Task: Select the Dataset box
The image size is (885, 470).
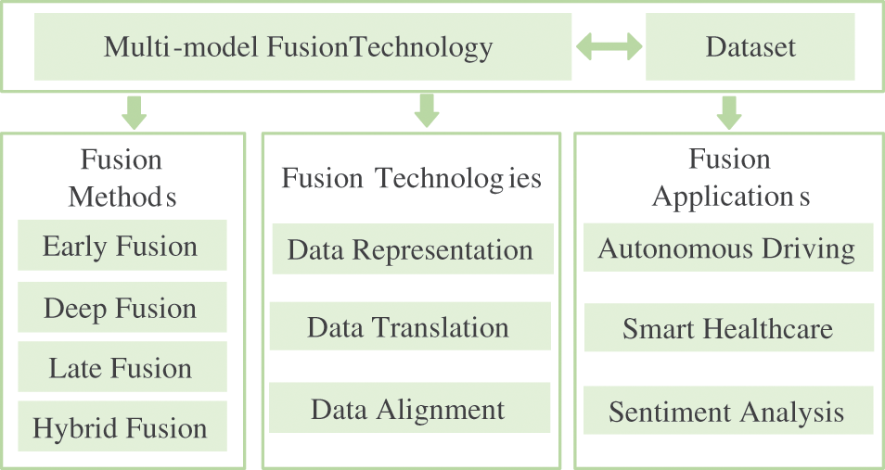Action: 750,47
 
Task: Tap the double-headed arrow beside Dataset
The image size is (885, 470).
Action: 609,46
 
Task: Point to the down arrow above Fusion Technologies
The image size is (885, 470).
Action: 426,110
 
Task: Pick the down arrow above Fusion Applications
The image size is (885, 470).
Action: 729,111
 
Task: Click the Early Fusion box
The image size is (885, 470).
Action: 122,247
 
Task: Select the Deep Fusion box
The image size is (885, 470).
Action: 122,308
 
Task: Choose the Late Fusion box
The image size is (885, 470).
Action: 122,369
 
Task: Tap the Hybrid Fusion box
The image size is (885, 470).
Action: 122,428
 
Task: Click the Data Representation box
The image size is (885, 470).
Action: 411,249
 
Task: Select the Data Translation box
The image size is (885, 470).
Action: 409,327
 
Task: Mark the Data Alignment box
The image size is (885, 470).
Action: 408,409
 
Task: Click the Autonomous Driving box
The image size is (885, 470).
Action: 727,248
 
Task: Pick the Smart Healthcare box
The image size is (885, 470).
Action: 727,328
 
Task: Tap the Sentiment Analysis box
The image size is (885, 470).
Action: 727,412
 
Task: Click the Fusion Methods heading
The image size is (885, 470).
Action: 122,178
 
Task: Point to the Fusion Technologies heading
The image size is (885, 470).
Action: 411,178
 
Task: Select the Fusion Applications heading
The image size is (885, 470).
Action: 730,178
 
